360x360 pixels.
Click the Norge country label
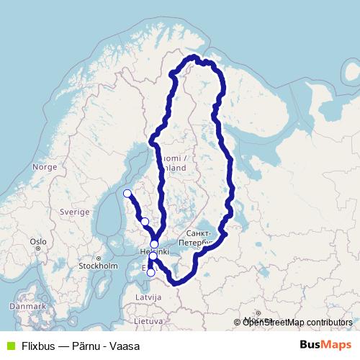coord(45,167)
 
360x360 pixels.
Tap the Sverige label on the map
coord(75,212)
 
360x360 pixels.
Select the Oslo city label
coord(38,242)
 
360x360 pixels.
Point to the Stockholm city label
coord(98,266)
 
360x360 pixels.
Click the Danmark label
coord(27,306)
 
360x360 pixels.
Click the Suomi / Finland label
coord(174,163)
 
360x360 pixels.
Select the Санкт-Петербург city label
coord(199,238)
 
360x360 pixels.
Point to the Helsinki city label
coord(153,252)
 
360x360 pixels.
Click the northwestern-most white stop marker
coord(127,193)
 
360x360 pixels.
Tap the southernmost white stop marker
coord(150,272)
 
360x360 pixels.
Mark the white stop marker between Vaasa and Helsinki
coord(145,221)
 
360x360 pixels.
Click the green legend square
coord(9,346)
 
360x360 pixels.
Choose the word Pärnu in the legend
coord(86,346)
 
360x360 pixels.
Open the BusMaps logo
coord(325,345)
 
